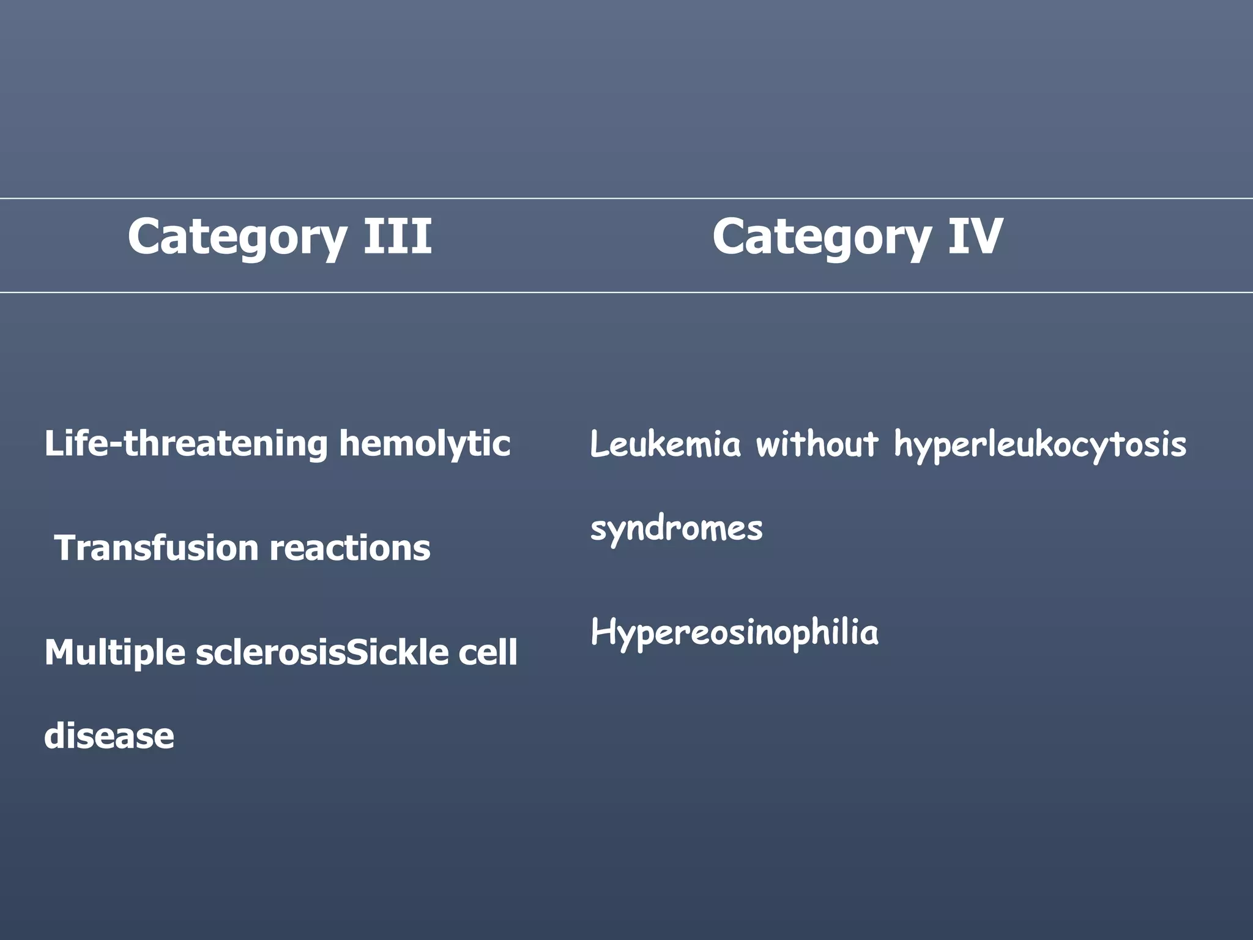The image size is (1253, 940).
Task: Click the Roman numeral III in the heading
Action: coord(398,236)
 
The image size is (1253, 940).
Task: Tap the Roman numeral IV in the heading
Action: coord(975,236)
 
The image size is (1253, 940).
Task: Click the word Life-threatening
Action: coord(186,444)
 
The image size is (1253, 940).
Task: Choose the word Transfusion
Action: coord(157,548)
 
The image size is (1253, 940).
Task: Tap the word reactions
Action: coord(350,548)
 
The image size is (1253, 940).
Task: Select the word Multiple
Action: coord(115,653)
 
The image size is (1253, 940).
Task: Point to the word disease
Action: coord(109,736)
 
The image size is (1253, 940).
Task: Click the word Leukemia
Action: coord(665,444)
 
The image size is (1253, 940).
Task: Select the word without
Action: coord(817,444)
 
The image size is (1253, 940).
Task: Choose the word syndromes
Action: coord(676,529)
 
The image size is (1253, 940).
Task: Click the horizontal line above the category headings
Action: coord(626,198)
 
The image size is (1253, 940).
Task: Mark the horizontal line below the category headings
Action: coord(626,293)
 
